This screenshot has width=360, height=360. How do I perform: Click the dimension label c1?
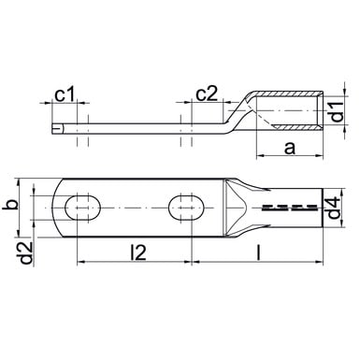tap(65, 94)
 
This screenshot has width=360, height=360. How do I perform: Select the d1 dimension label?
tap(336, 111)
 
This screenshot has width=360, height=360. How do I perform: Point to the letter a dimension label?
tap(290, 149)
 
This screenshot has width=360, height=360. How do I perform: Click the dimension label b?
tap(9, 206)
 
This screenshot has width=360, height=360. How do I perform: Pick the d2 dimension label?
tap(26, 252)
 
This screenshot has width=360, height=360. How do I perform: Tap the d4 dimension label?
tap(336, 209)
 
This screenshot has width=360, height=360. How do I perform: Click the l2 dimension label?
tap(138, 252)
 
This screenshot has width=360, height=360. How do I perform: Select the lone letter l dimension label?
tap(258, 252)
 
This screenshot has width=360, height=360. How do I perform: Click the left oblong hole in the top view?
tap(82, 208)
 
